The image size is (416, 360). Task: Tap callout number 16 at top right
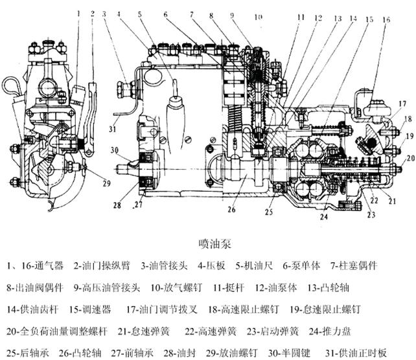(387, 20)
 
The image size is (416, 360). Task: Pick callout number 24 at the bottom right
(323, 218)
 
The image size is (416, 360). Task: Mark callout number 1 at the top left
(78, 12)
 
